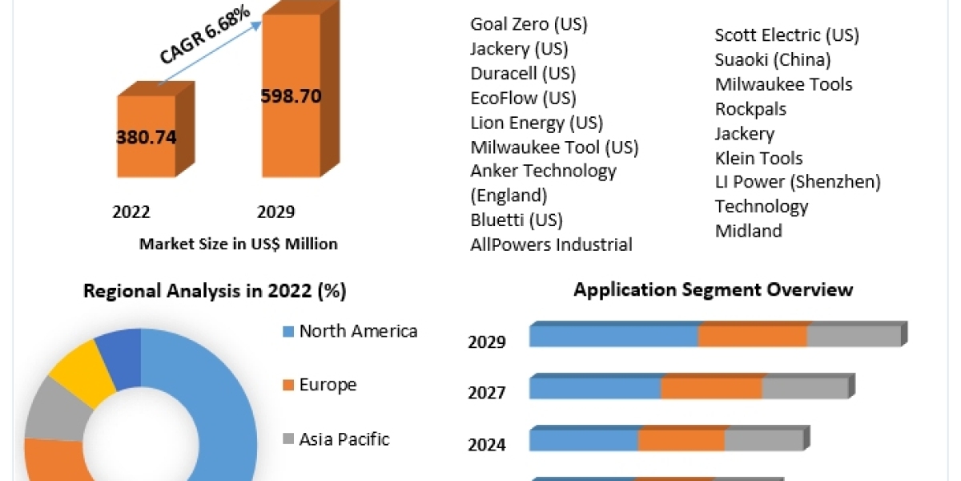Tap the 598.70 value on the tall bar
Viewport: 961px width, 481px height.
(x=291, y=96)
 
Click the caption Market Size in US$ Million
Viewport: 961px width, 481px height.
(x=238, y=244)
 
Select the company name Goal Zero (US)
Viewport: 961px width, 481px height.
(x=529, y=24)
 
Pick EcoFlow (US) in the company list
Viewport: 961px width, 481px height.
(x=523, y=99)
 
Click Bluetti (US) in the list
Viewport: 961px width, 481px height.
(x=517, y=220)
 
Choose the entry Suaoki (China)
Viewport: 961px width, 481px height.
(x=773, y=59)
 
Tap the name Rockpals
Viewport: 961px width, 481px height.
(x=750, y=108)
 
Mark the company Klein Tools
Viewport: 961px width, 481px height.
(x=758, y=158)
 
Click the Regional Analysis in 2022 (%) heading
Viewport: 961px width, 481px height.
(x=215, y=291)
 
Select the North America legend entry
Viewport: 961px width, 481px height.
(x=358, y=331)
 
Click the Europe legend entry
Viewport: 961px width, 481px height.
(x=328, y=385)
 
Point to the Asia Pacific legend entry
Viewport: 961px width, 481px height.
(x=344, y=439)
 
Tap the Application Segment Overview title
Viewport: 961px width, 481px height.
(x=713, y=289)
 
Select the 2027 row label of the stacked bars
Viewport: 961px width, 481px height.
(x=486, y=393)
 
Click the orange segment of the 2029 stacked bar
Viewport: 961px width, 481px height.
(x=752, y=336)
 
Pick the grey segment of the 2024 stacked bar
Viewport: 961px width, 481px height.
(x=763, y=440)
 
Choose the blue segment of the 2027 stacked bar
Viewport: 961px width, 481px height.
(x=595, y=388)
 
